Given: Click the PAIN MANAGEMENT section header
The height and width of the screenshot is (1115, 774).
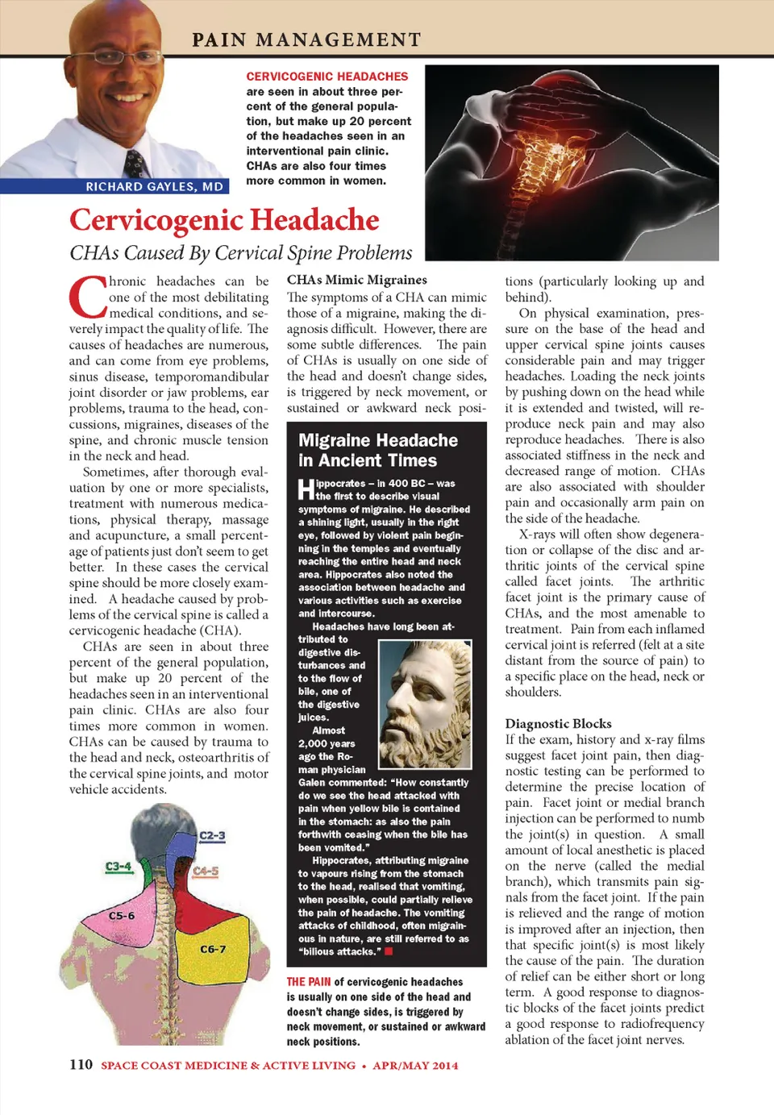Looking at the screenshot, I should point(306,40).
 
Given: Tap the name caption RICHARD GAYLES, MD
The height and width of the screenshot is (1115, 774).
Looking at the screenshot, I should point(154,186).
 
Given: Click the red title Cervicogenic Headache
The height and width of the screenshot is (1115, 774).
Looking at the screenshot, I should point(224,220).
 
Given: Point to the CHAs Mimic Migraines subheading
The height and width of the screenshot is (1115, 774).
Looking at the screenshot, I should point(357,280).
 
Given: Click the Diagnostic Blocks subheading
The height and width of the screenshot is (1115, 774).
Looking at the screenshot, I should point(558,723).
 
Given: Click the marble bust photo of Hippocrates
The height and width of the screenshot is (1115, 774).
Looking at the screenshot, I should point(425,704).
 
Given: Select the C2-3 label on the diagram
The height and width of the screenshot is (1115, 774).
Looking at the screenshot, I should point(212,835).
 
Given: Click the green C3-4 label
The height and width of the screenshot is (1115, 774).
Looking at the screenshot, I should point(119,866).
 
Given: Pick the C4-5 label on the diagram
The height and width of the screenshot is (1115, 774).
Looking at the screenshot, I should point(206,871).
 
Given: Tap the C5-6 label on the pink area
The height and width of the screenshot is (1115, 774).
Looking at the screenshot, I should point(122,916).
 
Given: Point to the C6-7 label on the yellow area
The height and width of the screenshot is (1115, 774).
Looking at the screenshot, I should point(213,949).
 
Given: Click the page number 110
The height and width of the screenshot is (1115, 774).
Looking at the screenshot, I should point(81,1064).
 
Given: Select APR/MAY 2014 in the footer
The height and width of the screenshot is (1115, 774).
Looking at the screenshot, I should point(415,1065).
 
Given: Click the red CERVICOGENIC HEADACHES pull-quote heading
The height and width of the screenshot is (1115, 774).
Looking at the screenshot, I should point(327,77).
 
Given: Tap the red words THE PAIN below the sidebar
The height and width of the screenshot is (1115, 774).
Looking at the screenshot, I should point(309,982).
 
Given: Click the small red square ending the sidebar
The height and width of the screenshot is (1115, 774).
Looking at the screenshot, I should point(389,951).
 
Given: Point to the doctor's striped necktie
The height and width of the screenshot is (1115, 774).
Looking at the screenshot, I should point(135,163).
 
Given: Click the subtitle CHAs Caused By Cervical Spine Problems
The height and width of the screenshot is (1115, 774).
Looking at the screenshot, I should point(240,253).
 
